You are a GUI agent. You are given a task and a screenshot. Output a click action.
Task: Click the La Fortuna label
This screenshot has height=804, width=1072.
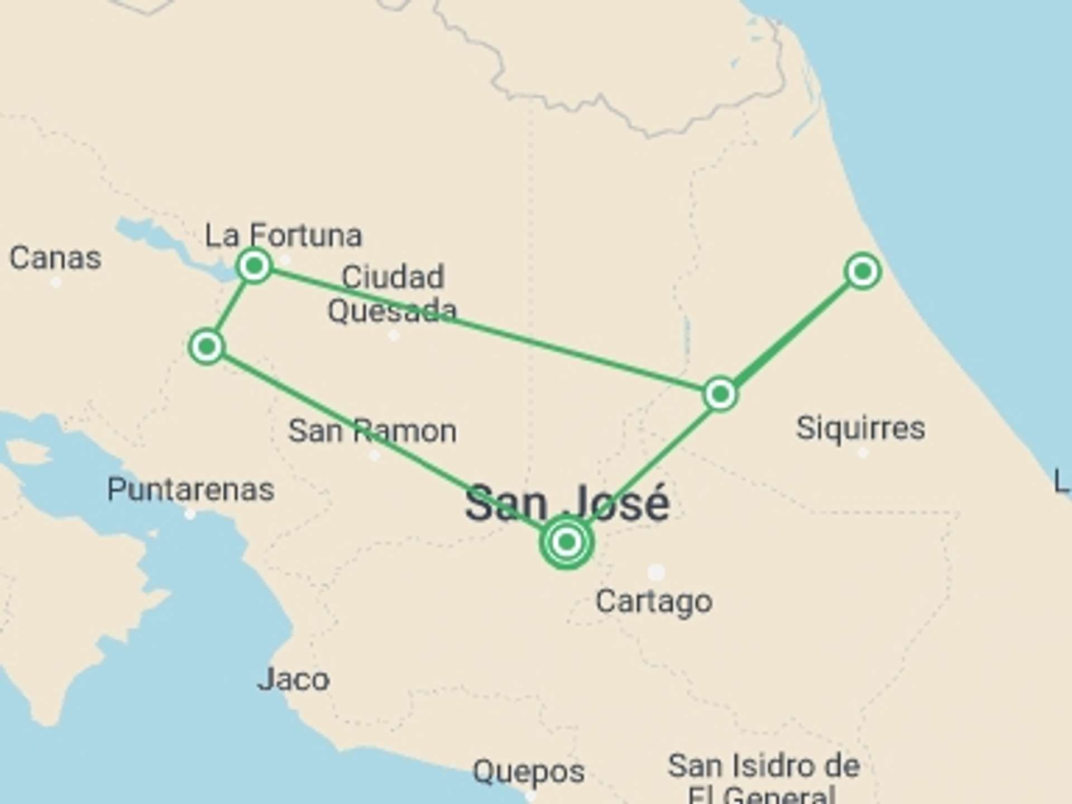(283, 235)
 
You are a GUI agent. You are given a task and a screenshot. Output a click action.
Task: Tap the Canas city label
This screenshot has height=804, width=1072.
(55, 258)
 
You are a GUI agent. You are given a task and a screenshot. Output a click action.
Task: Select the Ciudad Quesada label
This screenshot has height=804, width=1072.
(392, 294)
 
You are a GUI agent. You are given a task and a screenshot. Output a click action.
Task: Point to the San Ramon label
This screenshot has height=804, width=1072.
(372, 431)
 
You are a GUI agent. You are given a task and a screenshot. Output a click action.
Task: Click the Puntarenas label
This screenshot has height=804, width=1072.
(190, 490)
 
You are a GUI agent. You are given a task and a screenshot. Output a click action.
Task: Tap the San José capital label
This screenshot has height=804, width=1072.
(567, 503)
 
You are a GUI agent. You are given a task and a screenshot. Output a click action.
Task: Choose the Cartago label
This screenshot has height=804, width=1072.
(654, 601)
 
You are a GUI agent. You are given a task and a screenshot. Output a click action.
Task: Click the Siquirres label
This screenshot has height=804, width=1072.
(860, 428)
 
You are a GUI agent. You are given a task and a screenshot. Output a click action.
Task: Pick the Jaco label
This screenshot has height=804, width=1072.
(293, 679)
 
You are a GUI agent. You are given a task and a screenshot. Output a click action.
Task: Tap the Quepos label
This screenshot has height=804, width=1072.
(528, 772)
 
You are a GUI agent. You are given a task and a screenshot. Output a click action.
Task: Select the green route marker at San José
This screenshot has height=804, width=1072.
(567, 542)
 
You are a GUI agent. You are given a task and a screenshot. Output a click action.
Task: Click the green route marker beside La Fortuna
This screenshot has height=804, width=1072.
(255, 266)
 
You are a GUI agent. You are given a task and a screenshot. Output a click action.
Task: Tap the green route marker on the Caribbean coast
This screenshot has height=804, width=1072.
(863, 272)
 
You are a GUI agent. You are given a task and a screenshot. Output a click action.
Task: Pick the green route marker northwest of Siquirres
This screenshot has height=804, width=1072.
(720, 394)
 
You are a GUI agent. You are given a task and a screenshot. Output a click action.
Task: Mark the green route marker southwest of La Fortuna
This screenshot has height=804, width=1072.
(207, 347)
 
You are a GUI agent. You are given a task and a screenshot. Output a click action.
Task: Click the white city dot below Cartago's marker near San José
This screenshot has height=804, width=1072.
(656, 572)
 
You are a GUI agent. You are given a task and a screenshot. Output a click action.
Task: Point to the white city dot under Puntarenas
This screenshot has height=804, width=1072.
(190, 514)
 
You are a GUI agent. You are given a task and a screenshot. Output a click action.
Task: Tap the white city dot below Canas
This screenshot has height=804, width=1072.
(56, 283)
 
